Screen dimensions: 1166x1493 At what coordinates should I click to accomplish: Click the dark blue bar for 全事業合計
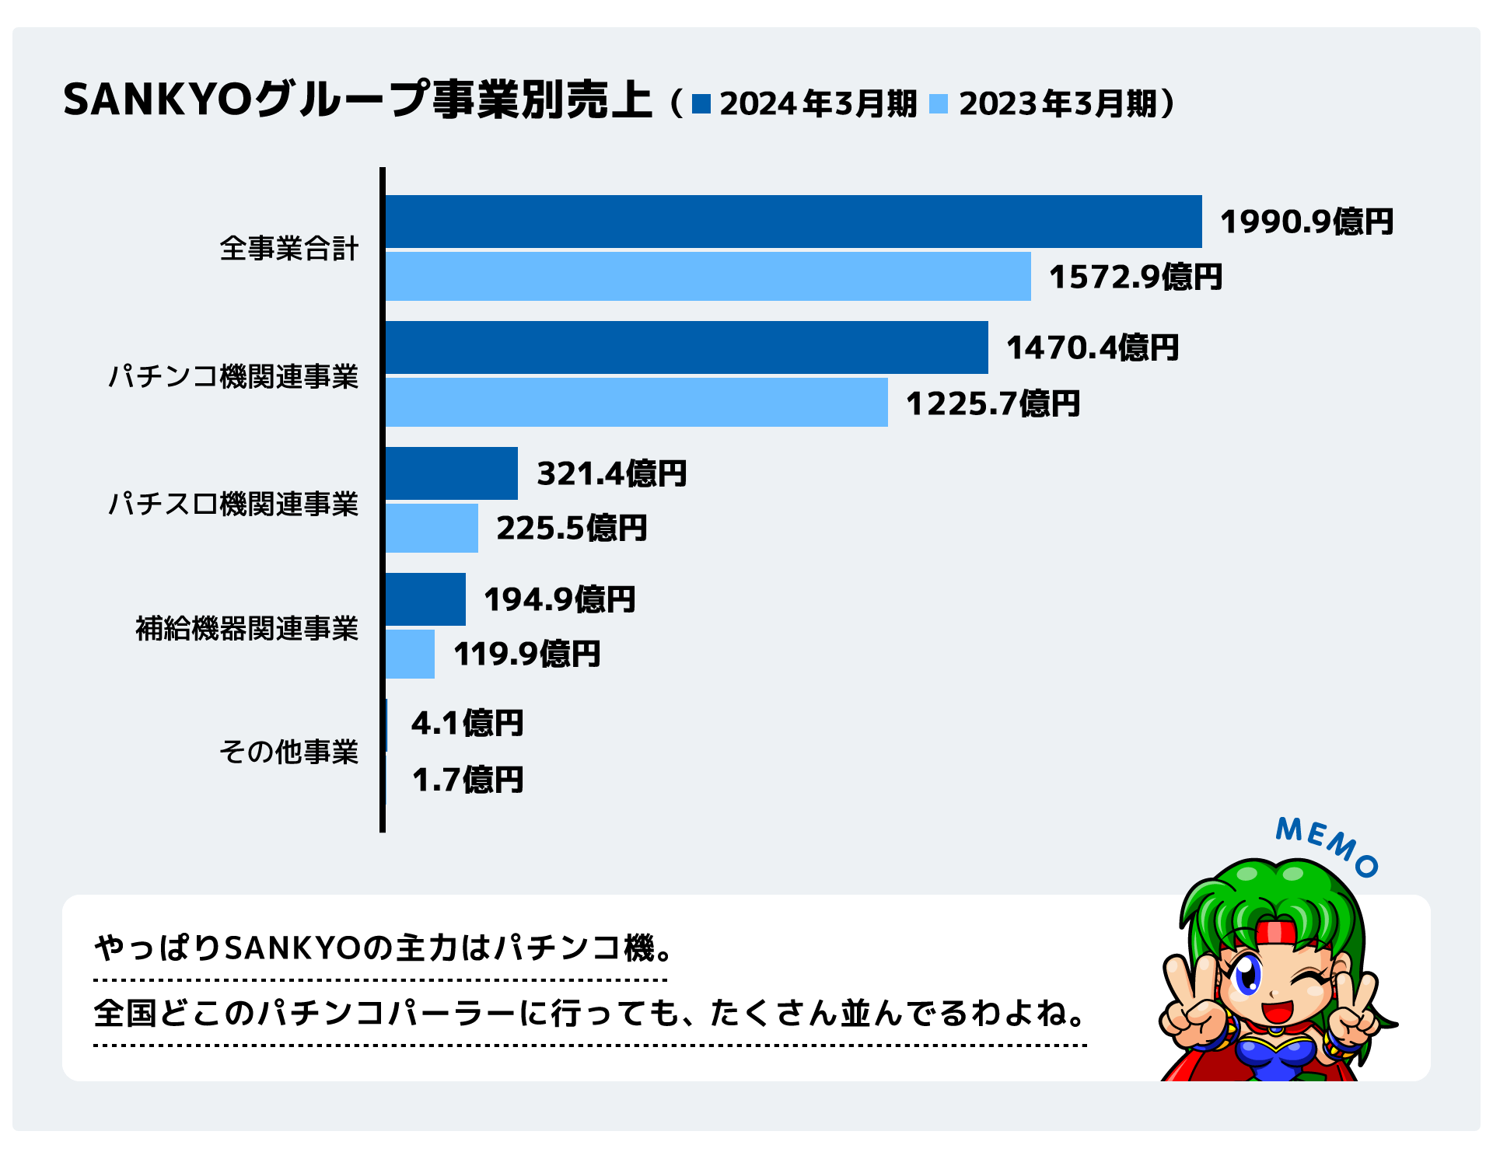[793, 222]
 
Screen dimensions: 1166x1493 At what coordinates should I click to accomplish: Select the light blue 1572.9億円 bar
[708, 276]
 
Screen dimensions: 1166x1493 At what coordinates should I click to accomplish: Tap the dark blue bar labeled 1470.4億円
[687, 347]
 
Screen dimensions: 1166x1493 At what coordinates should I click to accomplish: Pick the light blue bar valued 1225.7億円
[636, 402]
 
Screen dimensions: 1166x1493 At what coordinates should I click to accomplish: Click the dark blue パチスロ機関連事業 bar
[452, 473]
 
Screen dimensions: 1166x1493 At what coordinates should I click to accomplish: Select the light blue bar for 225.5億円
[432, 528]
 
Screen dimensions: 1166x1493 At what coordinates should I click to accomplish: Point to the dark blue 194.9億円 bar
[426, 599]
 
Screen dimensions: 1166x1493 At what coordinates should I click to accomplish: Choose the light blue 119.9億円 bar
[411, 654]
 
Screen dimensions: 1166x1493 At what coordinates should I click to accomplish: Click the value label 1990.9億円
[1306, 222]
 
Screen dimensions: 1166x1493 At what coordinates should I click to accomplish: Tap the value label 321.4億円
[612, 473]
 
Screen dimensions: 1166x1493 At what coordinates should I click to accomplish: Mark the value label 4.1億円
[467, 723]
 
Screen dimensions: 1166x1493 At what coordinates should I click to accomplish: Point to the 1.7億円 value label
[467, 780]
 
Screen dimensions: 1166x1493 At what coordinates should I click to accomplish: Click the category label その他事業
[288, 752]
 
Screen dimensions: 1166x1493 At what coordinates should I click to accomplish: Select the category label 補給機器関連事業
[247, 628]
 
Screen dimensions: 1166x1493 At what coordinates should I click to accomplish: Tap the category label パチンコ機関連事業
[233, 376]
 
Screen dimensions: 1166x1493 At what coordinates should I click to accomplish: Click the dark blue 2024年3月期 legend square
[701, 103]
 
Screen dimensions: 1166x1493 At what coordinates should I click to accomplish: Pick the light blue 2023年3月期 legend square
[939, 103]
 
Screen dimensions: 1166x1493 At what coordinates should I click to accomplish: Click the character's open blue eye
[1246, 974]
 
